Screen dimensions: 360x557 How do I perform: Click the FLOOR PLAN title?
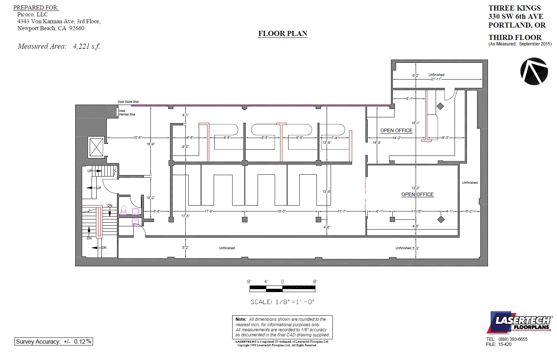point(283,34)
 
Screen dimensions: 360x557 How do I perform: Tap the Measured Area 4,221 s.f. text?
point(59,46)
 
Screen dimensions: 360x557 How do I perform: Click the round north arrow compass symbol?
point(534,71)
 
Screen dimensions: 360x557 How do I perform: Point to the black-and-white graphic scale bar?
point(282,289)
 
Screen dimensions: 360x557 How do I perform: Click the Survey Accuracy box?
point(54,341)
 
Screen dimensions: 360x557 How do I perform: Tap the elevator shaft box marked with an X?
point(96,147)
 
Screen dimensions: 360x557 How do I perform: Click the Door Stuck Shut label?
point(128,102)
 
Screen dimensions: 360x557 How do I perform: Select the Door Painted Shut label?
point(127,113)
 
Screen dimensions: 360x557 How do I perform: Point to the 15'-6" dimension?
point(137,138)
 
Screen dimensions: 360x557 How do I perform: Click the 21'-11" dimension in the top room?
point(436,79)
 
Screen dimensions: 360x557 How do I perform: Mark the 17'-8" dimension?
point(209,211)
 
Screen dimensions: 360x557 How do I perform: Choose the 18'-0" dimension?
point(281,211)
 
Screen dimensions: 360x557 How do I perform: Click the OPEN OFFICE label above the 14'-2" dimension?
point(396,130)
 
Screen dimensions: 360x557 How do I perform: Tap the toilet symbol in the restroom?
point(124,210)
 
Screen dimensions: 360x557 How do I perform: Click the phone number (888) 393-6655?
point(513,339)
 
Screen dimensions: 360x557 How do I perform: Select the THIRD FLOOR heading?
point(514,37)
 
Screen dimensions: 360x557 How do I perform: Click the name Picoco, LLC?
point(32,15)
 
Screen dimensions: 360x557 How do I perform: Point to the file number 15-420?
point(505,344)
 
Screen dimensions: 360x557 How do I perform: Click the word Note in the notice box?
point(241,319)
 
